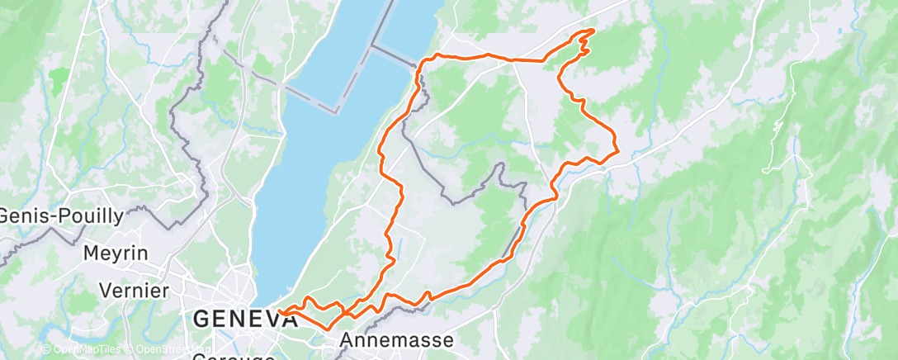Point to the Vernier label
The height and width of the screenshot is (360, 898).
pyautogui.click(x=133, y=290)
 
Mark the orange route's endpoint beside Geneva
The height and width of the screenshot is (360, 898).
pyautogui.click(x=281, y=312)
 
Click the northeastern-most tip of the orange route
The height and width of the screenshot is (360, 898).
pyautogui.click(x=593, y=31)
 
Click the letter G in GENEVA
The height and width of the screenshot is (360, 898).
pyautogui.click(x=201, y=317)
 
